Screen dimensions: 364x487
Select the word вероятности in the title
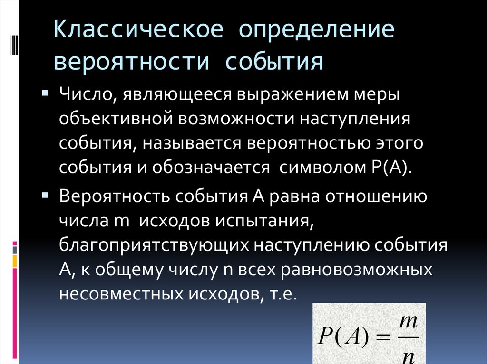[133, 62]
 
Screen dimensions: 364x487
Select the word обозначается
[210, 169]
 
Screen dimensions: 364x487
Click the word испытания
[263, 221]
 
